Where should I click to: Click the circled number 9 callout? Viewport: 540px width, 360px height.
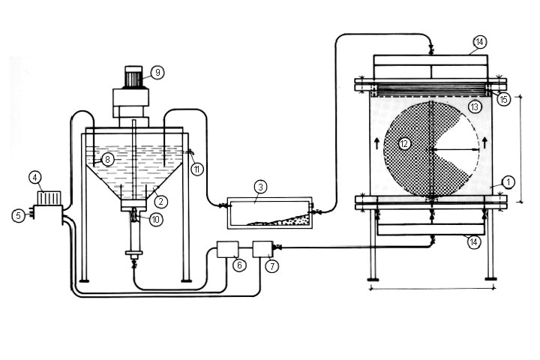tap(157, 72)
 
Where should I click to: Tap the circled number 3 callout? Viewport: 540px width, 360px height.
tap(259, 186)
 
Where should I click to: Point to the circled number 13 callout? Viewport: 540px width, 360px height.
tap(474, 108)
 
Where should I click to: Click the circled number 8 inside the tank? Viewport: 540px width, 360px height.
tap(108, 159)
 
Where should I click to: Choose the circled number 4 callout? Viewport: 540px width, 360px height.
tap(34, 178)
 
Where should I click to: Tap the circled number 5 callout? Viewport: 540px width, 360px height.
tap(18, 214)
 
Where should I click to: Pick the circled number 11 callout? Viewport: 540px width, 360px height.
tap(196, 168)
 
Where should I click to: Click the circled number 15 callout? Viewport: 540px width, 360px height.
tap(503, 98)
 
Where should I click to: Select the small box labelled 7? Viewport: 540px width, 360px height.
tap(262, 249)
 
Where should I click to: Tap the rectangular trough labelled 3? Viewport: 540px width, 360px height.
tap(270, 212)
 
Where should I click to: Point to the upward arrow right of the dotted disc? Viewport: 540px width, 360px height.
tap(485, 140)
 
